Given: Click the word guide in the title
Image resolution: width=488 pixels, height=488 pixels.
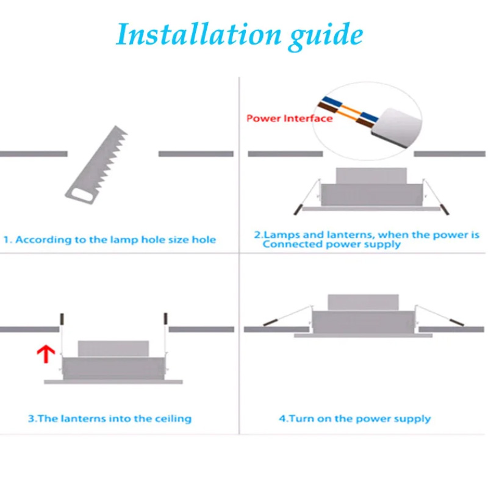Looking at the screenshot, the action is pyautogui.click(x=325, y=36).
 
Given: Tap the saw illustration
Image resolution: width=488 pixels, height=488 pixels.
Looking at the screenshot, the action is pyautogui.click(x=96, y=165).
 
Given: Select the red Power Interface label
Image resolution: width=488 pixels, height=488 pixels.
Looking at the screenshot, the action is pyautogui.click(x=289, y=118).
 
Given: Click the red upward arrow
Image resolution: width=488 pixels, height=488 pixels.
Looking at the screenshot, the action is pyautogui.click(x=46, y=354).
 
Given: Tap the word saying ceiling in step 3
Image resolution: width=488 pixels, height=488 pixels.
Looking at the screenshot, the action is pyautogui.click(x=173, y=418).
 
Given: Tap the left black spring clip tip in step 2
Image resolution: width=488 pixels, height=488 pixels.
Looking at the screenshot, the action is pyautogui.click(x=298, y=209).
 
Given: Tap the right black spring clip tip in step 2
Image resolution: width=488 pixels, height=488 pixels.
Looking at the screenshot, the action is pyautogui.click(x=445, y=209).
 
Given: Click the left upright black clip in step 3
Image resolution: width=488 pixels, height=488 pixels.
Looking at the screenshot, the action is pyautogui.click(x=62, y=319).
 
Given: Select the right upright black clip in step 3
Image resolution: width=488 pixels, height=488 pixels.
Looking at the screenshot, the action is pyautogui.click(x=165, y=318).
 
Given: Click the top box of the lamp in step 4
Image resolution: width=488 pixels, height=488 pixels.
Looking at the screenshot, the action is pyautogui.click(x=363, y=303).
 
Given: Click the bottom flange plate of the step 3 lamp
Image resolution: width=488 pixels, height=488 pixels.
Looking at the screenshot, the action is pyautogui.click(x=113, y=382).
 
